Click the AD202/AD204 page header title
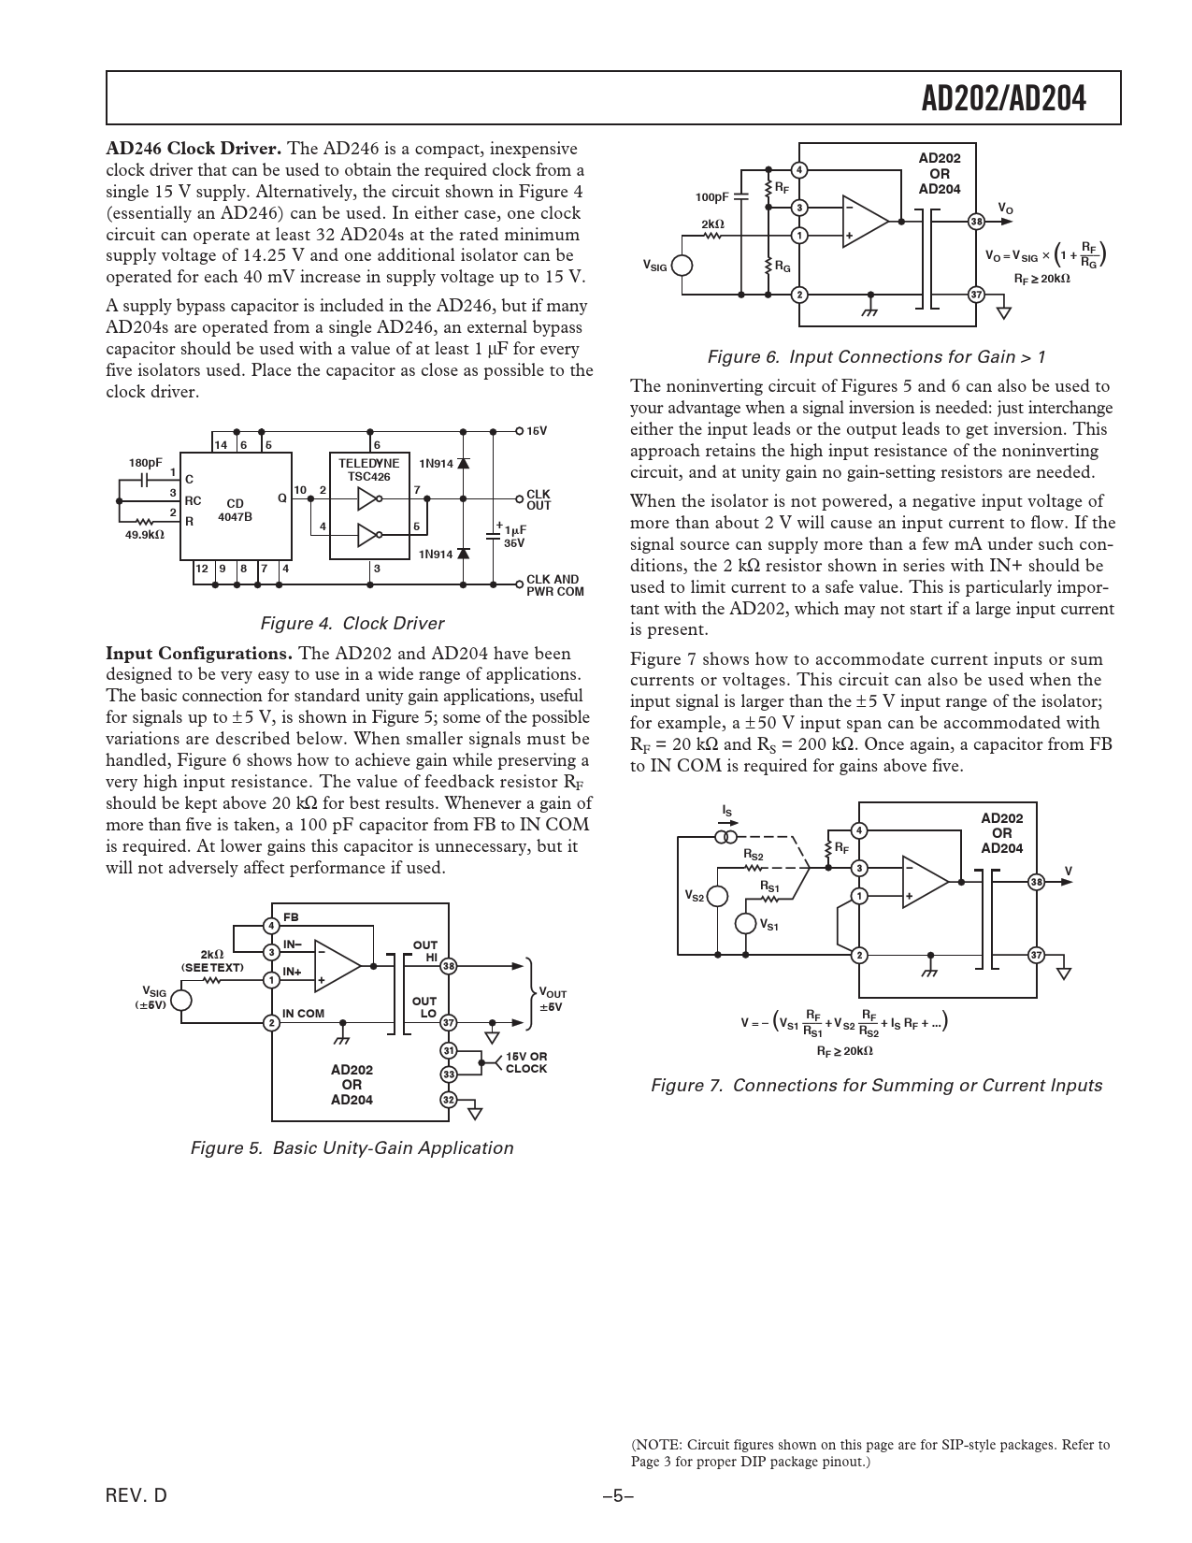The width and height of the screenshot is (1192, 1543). click(x=1004, y=98)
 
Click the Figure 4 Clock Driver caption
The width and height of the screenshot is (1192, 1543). click(x=352, y=624)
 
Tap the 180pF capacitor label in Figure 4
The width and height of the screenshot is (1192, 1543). click(x=145, y=462)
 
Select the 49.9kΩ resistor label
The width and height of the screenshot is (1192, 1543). click(x=144, y=534)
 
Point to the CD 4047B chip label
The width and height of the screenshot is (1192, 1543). click(x=235, y=510)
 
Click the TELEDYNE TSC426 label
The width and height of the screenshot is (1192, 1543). click(x=368, y=469)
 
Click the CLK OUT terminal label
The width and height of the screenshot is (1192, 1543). click(x=539, y=499)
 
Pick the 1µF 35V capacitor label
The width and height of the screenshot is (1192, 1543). click(x=514, y=536)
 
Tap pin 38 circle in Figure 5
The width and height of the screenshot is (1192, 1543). click(x=449, y=966)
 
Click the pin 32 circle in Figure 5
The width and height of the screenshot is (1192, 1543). click(x=449, y=1100)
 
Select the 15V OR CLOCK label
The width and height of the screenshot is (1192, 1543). click(x=526, y=1062)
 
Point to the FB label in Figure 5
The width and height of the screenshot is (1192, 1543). click(x=291, y=916)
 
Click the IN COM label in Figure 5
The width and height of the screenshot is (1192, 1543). click(x=303, y=1014)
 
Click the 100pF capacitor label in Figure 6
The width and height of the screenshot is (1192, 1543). click(x=711, y=197)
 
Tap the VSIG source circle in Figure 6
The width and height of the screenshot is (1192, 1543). click(x=682, y=265)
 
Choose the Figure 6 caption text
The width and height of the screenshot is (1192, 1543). click(x=876, y=357)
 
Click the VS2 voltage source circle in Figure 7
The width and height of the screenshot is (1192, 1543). click(x=717, y=896)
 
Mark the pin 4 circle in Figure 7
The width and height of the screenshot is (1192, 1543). click(x=859, y=830)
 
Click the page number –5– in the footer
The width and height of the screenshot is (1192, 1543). click(x=618, y=1496)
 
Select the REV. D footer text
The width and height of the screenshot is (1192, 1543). click(x=136, y=1496)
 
